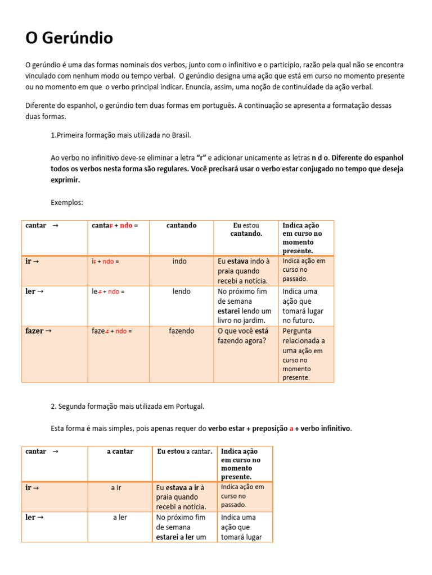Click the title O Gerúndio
[x=69, y=38]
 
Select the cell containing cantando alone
[x=181, y=225]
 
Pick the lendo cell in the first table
[x=181, y=291]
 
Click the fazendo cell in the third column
[x=181, y=331]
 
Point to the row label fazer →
[x=39, y=331]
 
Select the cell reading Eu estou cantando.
[x=246, y=230]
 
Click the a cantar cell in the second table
[x=120, y=451]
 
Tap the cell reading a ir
[x=116, y=487]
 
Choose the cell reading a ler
[x=120, y=517]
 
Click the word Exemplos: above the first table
[x=67, y=202]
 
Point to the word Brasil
[x=180, y=135]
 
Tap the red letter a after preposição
[x=291, y=428]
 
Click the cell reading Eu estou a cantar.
[x=184, y=451]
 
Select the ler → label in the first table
[x=35, y=291]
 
